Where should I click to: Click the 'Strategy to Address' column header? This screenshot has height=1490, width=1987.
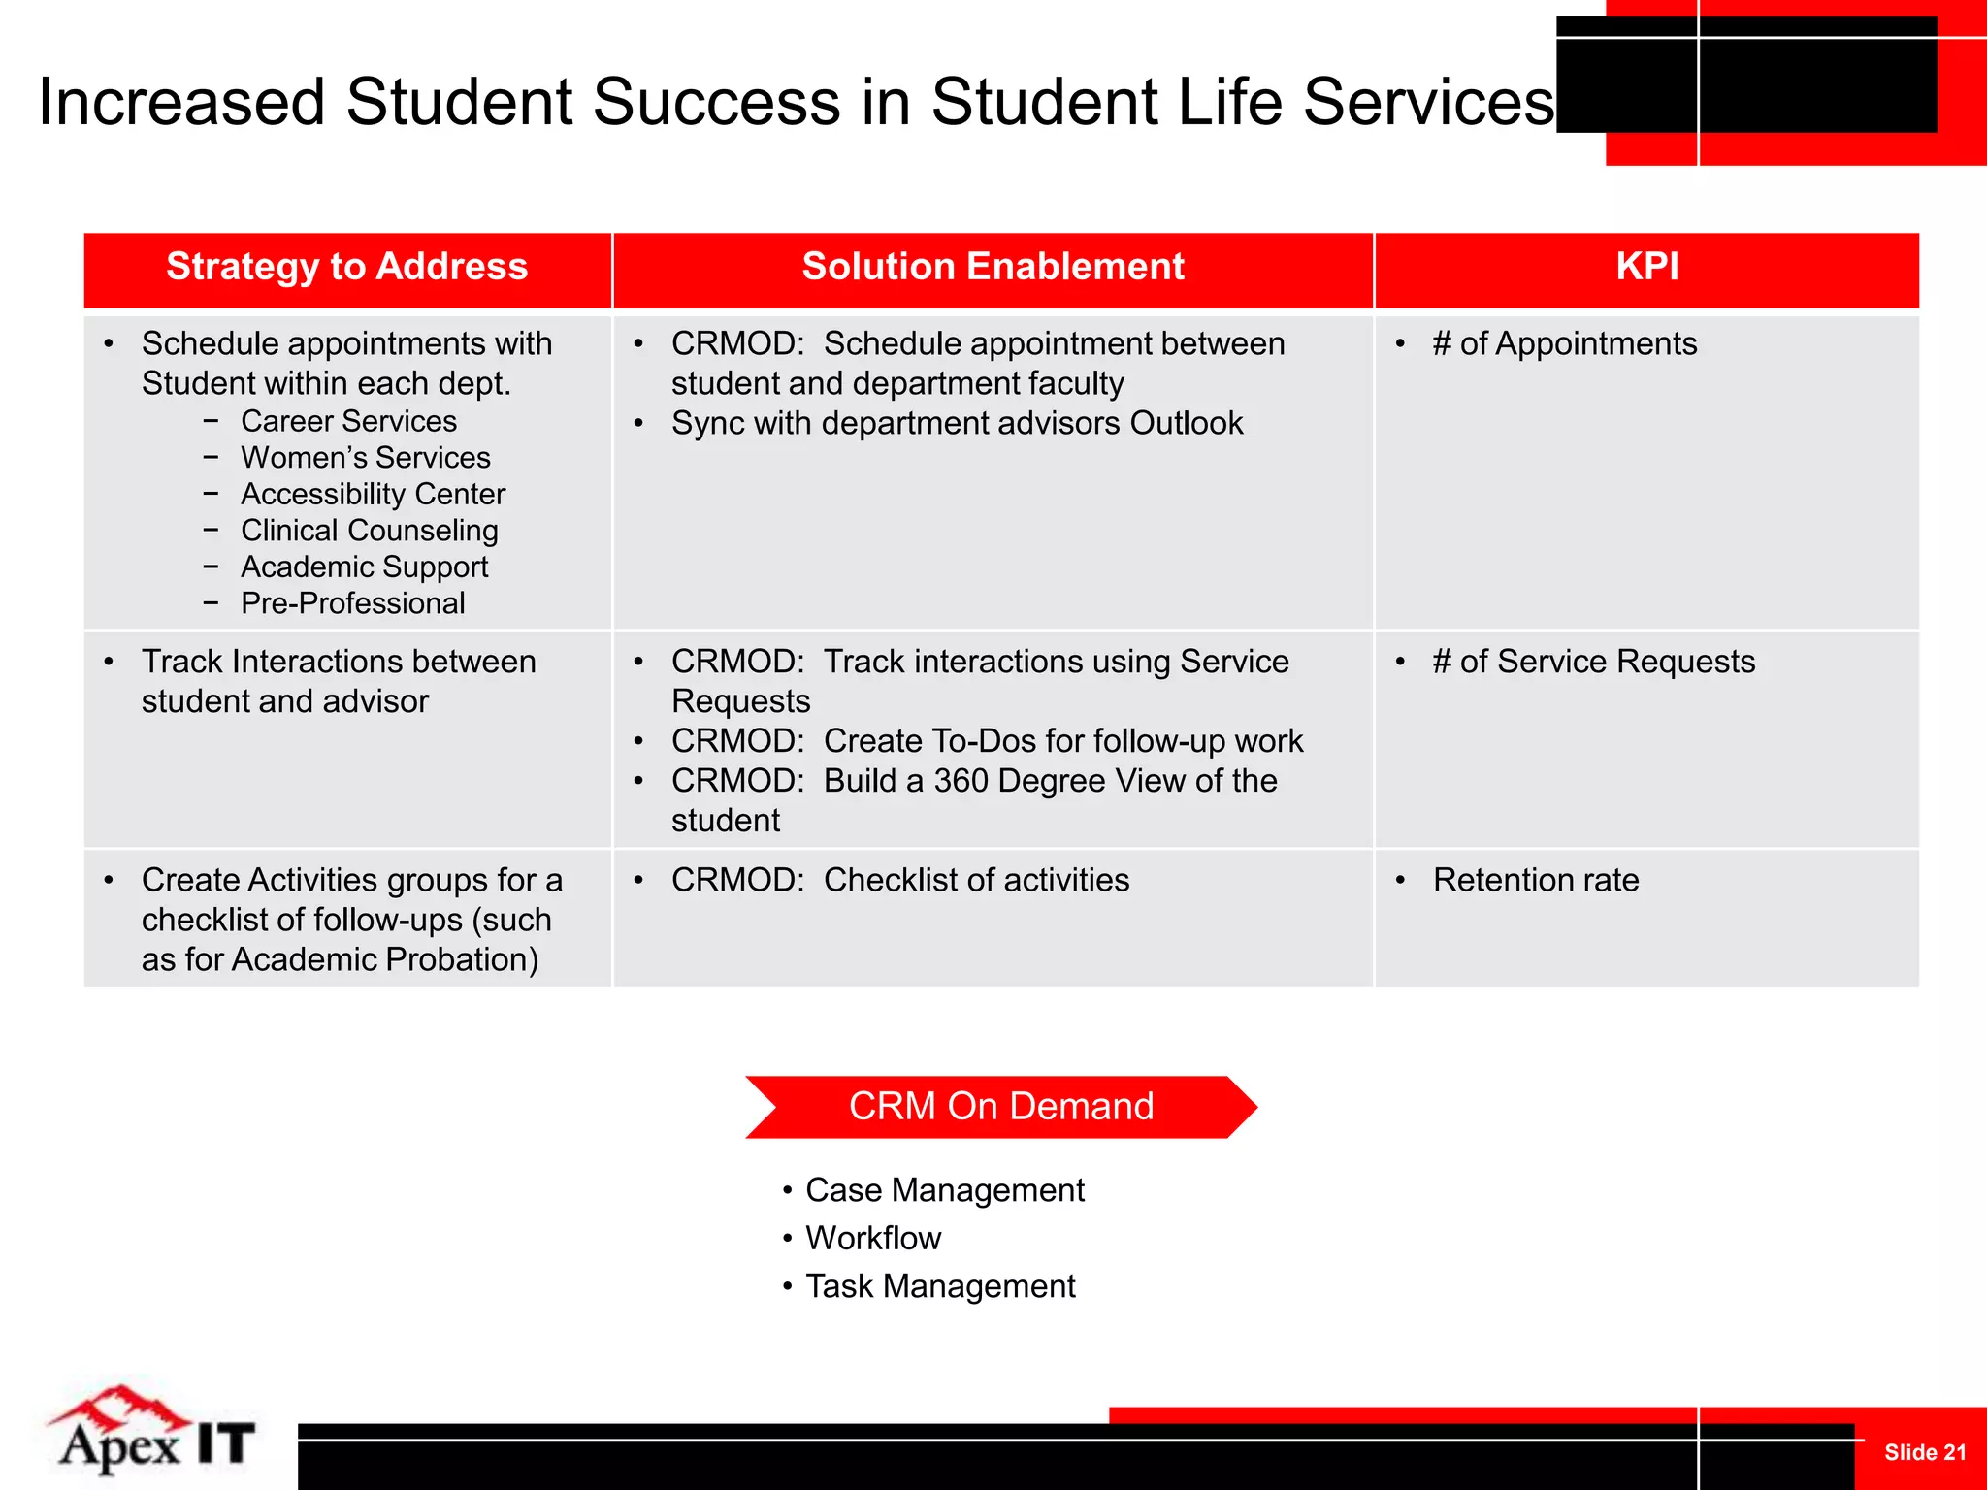(346, 267)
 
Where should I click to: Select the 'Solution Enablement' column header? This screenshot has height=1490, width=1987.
(993, 267)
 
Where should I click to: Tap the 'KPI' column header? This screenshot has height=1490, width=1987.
(1646, 267)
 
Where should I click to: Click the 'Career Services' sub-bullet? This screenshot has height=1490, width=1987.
(348, 421)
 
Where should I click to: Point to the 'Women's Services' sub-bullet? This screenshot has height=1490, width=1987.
(366, 457)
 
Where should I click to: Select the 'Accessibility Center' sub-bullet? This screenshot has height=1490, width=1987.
(373, 494)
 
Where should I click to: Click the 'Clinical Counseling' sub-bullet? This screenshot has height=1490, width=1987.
(370, 531)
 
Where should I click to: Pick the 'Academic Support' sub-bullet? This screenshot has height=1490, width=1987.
(364, 567)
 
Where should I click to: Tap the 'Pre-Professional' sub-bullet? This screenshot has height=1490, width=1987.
(353, 603)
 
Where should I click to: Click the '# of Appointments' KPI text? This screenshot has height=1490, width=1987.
(1564, 343)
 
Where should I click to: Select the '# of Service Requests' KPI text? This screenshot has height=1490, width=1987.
(1593, 662)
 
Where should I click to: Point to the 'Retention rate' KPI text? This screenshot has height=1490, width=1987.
(1536, 880)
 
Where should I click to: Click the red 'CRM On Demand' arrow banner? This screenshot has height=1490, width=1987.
(1001, 1107)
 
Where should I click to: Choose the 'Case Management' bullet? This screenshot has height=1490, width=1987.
(944, 1190)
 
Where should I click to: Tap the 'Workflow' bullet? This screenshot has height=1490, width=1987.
(873, 1239)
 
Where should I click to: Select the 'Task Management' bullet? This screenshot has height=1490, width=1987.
(940, 1286)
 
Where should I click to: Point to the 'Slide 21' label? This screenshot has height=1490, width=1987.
(1924, 1452)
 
